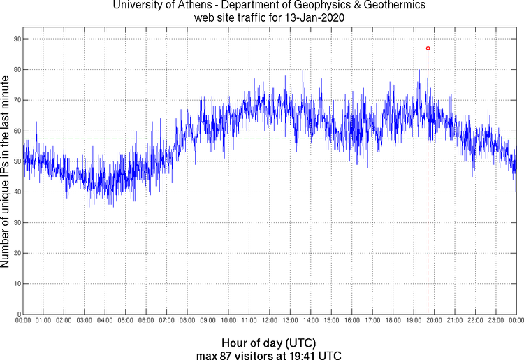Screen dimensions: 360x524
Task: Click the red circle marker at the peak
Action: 428,48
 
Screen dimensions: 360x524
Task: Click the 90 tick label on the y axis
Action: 16,39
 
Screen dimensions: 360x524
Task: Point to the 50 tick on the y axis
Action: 16,161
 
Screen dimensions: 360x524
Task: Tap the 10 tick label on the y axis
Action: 16,284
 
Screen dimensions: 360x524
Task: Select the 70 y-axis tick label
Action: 16,101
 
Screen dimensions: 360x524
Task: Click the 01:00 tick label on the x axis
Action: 43,320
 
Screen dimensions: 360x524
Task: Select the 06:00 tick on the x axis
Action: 146,320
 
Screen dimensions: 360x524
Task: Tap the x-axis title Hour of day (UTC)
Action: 268,343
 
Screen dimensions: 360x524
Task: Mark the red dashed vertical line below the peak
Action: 428,210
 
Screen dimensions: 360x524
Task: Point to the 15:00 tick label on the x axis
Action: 331,320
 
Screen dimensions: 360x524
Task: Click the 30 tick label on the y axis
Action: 16,223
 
